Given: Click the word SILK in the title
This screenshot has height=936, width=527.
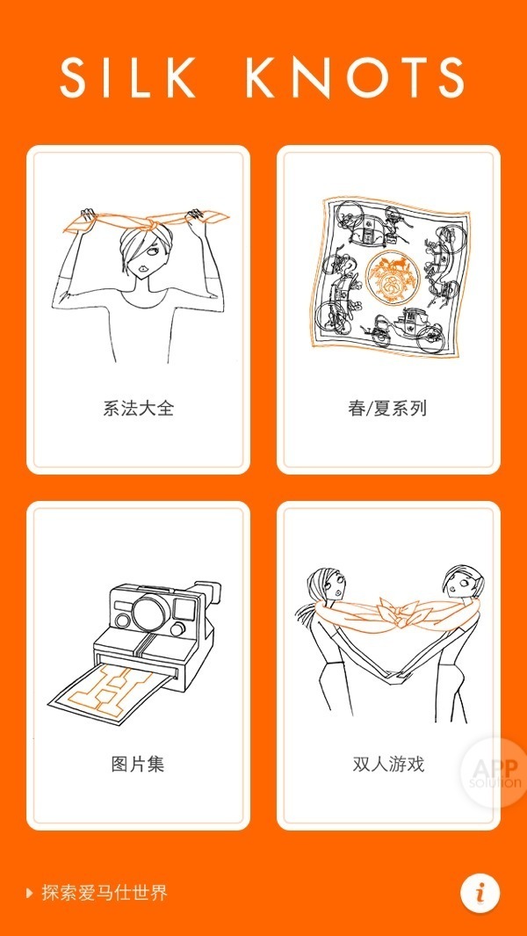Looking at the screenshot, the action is click(127, 78).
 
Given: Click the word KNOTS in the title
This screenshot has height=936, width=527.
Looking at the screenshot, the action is click(355, 78).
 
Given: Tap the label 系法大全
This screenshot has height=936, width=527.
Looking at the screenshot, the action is click(139, 409).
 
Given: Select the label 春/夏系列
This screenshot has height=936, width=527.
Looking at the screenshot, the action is click(387, 409).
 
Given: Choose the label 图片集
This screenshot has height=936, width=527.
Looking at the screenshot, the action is click(138, 764).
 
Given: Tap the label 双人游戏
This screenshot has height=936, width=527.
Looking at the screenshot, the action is click(388, 764).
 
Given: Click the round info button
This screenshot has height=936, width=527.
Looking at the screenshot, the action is click(480, 893).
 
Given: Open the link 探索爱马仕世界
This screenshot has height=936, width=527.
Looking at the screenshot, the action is click(105, 893).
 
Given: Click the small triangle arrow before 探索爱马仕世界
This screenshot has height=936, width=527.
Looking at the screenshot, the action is click(30, 894).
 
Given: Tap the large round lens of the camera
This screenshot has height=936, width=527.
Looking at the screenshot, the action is click(151, 612).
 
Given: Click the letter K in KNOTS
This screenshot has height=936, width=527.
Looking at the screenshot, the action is click(265, 78).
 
